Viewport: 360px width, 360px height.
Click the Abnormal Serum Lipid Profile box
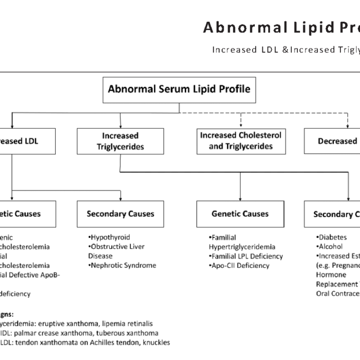coord(179,89)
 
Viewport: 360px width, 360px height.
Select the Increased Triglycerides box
coord(120,141)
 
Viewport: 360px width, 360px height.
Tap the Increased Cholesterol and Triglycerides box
coord(241,141)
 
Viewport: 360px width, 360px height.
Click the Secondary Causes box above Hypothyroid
coord(120,214)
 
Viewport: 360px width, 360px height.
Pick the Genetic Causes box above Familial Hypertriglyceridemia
coord(241,214)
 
